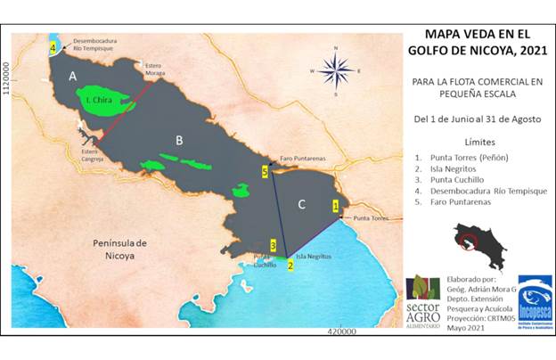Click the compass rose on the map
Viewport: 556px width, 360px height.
337,69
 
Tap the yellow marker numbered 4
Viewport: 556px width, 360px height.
53,47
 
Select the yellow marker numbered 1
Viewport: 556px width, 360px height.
335,206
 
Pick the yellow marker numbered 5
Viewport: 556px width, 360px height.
265,170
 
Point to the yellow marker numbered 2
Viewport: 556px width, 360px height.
290,265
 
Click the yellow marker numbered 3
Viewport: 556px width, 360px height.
274,245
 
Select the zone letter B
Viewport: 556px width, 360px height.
179,140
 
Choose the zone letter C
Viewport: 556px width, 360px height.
301,205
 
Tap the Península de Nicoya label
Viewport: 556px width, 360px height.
121,249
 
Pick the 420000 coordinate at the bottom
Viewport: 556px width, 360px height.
341,331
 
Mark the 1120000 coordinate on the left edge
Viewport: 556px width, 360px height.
10,80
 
